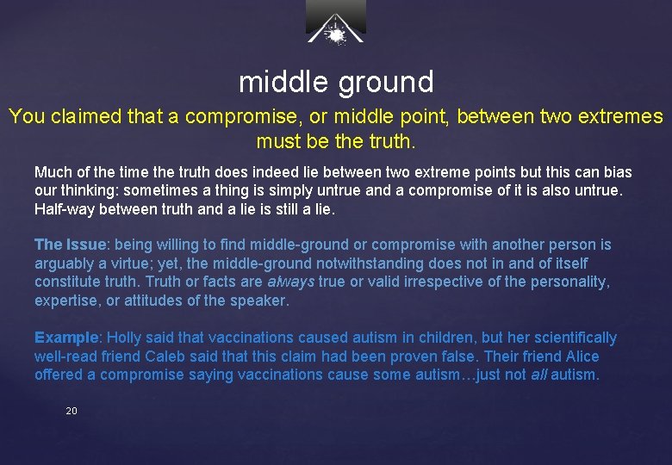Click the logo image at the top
pyautogui.click(x=336, y=22)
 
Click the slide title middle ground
pyautogui.click(x=336, y=82)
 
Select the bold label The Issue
pyautogui.click(x=72, y=245)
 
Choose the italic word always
pyautogui.click(x=290, y=282)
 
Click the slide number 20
pyautogui.click(x=72, y=412)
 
